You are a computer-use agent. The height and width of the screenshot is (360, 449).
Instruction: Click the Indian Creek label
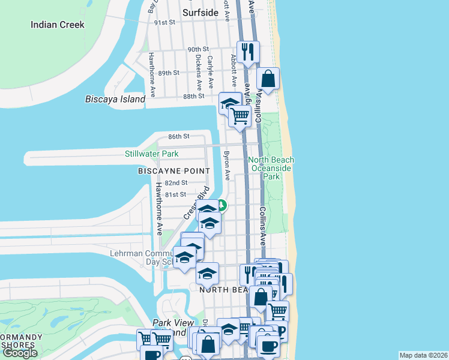pos(58,25)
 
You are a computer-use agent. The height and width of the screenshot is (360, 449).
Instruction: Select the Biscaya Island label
pos(115,99)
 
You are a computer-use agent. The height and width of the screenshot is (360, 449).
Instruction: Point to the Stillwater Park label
pos(151,154)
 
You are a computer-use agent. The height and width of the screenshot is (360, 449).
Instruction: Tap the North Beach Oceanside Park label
pos(271,168)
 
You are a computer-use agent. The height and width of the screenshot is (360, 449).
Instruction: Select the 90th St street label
pos(197,49)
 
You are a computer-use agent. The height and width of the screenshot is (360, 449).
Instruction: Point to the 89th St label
pos(169,73)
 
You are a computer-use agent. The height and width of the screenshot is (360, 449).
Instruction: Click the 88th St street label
pos(194,96)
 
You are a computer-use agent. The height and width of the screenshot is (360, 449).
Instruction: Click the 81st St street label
pos(175,194)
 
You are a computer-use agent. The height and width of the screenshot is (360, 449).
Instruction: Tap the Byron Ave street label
pos(227,166)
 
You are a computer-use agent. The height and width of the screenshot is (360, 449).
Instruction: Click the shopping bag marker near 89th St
pos(268,79)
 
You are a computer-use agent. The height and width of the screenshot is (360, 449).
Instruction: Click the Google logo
pos(20,353)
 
